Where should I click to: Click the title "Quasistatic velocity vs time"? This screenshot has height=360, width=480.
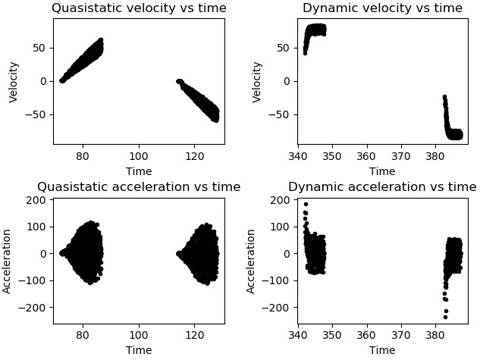coord(139,8)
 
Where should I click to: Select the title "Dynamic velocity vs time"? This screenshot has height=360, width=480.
coord(382,8)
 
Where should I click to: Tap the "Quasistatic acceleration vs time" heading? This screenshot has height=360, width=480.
coord(139,187)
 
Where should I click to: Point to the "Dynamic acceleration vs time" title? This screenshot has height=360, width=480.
coord(382,187)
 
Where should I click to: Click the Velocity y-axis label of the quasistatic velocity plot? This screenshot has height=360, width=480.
coord(14,82)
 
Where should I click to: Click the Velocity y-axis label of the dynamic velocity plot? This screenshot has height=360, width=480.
coord(258,82)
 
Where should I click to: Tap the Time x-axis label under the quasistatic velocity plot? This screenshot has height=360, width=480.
coord(139,171)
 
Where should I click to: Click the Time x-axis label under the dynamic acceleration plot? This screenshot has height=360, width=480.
coord(382,350)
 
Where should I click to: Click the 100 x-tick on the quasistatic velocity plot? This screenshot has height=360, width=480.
coord(139,156)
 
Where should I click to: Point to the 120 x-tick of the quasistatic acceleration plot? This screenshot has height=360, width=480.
coord(194,335)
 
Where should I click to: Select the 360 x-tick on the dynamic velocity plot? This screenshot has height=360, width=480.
coord(367,156)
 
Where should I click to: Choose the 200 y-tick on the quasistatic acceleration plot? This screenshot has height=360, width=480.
coord(38,200)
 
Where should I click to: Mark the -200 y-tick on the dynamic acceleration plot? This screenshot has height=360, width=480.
coord(279,307)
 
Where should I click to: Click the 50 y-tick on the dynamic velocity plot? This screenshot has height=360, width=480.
coord(285,48)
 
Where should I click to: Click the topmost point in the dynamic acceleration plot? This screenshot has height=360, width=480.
coord(306,204)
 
